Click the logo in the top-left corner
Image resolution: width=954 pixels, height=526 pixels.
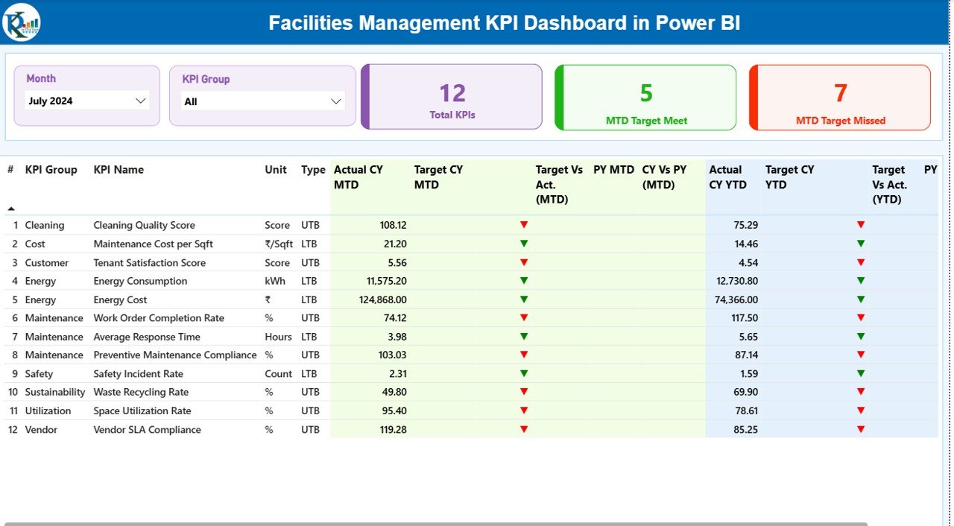coord(22,22)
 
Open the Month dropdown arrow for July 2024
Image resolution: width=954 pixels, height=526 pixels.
coord(140,101)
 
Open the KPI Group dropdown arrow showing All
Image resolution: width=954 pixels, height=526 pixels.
coord(335,101)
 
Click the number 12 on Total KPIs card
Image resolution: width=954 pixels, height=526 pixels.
coord(452,93)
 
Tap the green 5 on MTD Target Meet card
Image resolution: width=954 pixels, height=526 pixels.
coord(646,93)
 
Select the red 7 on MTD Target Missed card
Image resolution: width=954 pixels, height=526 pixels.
coord(840,93)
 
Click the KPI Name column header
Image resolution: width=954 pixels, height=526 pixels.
coord(119,170)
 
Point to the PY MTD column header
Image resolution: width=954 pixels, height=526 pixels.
coord(613,170)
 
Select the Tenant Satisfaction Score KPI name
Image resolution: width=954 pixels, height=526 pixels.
coord(149,262)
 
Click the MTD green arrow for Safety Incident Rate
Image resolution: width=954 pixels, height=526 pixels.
coord(524,373)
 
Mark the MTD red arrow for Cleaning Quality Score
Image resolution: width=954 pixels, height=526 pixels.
coord(524,224)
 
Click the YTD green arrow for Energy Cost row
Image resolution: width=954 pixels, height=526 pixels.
coord(861,299)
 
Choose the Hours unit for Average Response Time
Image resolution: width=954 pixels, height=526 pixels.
coord(278,337)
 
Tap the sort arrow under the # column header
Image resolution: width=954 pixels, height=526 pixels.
coord(10,209)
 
